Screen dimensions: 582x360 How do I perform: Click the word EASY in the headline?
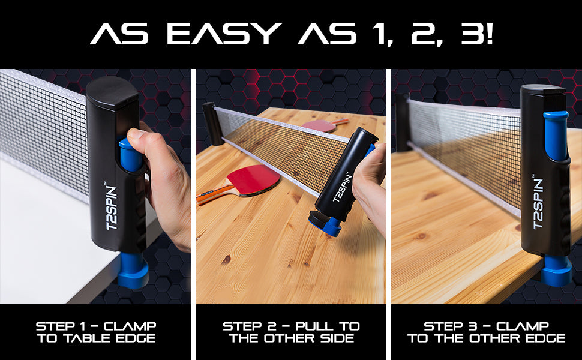[x=224, y=34]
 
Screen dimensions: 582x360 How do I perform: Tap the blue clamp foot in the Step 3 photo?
[x=556, y=270]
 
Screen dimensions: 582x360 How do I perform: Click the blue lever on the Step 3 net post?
[x=556, y=136]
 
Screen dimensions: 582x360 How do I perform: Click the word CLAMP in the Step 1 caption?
[x=130, y=326]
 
